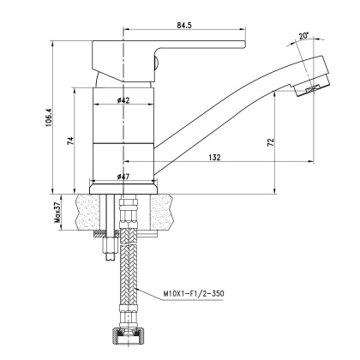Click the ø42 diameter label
pyautogui.click(x=123, y=101)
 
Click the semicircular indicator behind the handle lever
pyautogui.click(x=156, y=60)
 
